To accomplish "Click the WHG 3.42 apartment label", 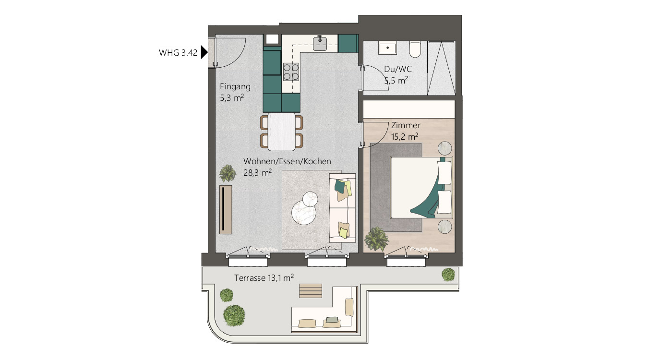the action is [x=178, y=53].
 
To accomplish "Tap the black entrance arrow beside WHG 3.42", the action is [x=204, y=53].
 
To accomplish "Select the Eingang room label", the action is [x=235, y=87].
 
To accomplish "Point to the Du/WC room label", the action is [x=398, y=69].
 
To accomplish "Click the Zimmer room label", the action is [x=406, y=125].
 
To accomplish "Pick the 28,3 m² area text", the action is [x=257, y=173].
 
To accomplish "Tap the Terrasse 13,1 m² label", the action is [x=264, y=278].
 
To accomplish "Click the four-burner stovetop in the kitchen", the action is [x=291, y=72].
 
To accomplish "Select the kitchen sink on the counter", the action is [x=320, y=43].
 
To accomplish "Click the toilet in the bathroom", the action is [x=415, y=49].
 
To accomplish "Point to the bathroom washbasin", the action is [x=387, y=48].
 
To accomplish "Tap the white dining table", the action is [x=281, y=132].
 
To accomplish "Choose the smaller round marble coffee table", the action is [x=310, y=199].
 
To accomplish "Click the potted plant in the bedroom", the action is [x=376, y=239].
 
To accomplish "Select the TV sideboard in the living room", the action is [x=226, y=209].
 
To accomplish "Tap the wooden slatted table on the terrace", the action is [x=311, y=290].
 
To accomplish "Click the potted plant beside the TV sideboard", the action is [x=228, y=173].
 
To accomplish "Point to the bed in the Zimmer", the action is [x=421, y=188].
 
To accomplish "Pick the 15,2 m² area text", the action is [x=405, y=137].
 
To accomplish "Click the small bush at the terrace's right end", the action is [x=448, y=275].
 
